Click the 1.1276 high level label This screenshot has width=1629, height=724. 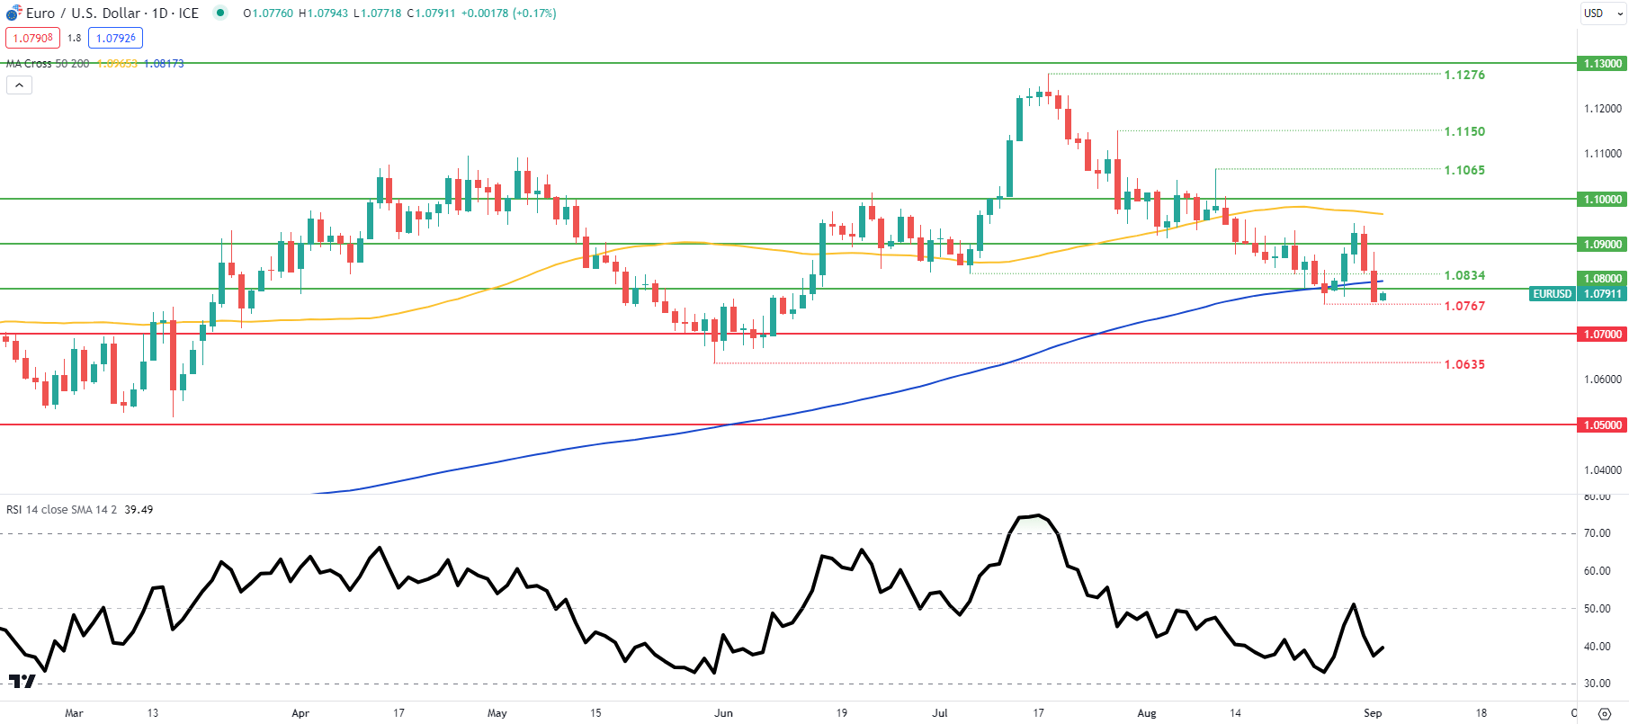pos(1463,75)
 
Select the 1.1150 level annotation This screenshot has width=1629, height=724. pos(1463,131)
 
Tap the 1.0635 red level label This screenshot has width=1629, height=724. pos(1463,364)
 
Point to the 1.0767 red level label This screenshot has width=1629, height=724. pos(1463,306)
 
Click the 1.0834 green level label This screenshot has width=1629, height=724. pos(1463,275)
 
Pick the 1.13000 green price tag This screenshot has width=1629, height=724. pos(1602,64)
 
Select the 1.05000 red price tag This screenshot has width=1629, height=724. pos(1602,425)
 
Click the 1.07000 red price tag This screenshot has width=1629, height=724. pos(1602,335)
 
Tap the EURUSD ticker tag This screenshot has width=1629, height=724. pos(1552,294)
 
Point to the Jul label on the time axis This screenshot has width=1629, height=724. pos(940,713)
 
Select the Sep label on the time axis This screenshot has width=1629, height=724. pos(1372,713)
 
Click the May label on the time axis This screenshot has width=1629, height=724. pos(497,713)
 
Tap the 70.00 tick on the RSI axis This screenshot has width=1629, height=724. pos(1597,533)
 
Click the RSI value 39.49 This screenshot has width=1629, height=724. pos(139,510)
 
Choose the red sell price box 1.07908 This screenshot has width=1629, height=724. pos(32,38)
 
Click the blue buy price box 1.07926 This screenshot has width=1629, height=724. pos(115,38)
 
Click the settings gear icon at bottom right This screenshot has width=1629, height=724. pos(1604,714)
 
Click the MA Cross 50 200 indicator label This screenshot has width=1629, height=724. pos(48,64)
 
